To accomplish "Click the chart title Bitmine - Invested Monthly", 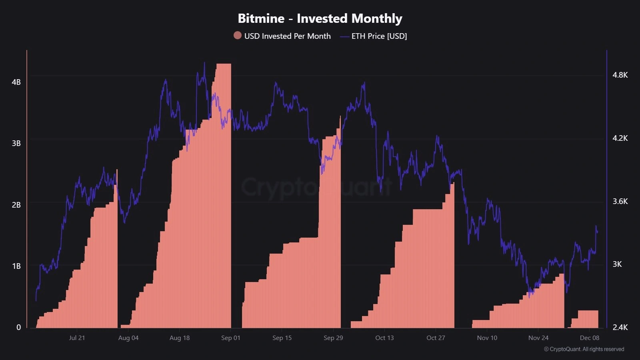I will (320, 18).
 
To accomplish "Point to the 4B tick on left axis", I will (16, 82).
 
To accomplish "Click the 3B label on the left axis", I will (16, 143).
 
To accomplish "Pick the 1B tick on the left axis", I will (16, 266).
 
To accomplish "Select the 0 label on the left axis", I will (18, 327).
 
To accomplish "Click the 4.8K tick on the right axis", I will (620, 75).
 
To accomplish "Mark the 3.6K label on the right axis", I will (620, 201).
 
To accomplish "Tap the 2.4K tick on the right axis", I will (620, 327).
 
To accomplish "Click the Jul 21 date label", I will (77, 338).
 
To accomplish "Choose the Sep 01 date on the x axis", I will (231, 338).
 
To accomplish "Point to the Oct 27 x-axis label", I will (436, 338).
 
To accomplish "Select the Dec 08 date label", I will (590, 338).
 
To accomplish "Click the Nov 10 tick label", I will (487, 338).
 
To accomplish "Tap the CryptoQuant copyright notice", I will (584, 349).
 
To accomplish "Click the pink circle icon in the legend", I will (238, 36).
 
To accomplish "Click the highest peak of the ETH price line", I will (204, 63).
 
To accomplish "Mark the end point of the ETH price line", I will (598, 232).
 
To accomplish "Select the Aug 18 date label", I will (180, 338).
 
